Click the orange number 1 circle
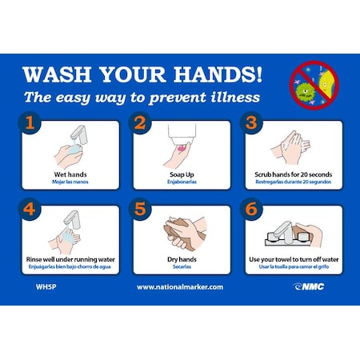tap(30, 124)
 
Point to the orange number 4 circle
tap(30, 211)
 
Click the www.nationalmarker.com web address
tap(179, 286)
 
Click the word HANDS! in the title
tap(216, 74)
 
